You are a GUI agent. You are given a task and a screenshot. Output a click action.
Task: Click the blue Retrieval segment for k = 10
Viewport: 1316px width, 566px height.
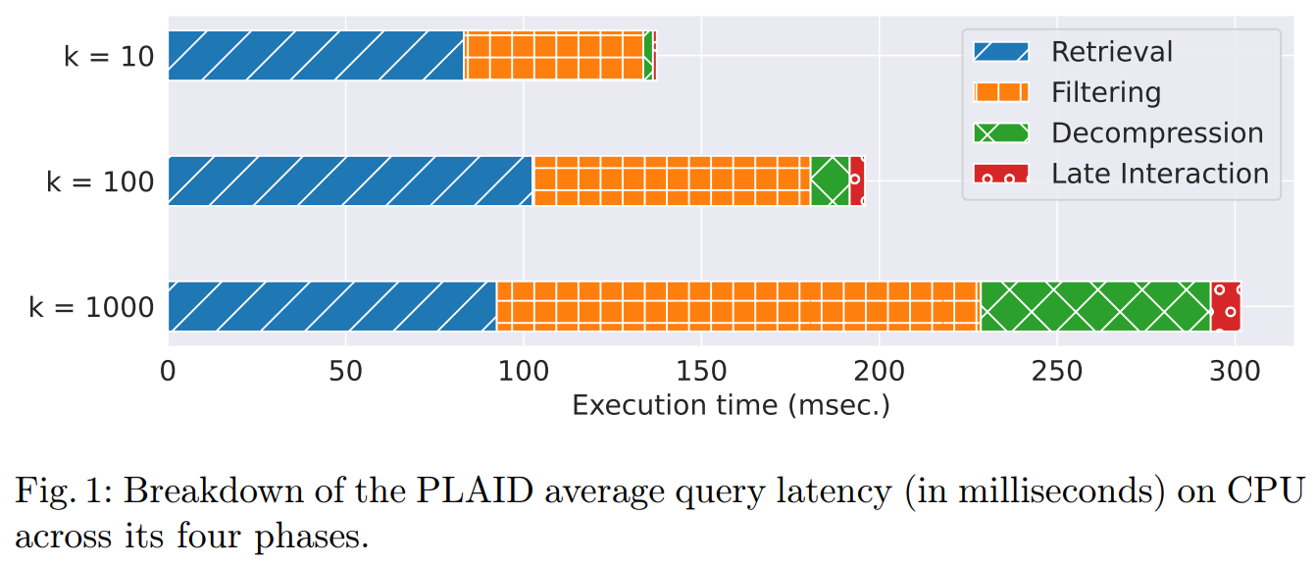pos(316,56)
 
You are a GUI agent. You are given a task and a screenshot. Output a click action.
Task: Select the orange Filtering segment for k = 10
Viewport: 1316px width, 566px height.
pos(554,56)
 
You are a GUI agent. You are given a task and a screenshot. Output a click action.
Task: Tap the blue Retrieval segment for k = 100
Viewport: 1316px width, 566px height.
pos(350,180)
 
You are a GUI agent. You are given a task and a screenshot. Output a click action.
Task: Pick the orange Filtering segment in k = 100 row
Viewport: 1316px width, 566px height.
pos(672,180)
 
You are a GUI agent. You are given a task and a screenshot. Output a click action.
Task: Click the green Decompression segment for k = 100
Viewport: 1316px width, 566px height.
pos(831,180)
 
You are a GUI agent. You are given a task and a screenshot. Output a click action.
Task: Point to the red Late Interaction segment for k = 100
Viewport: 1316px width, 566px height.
pos(857,180)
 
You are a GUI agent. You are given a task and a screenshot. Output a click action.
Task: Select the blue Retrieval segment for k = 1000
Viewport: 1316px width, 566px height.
pos(332,306)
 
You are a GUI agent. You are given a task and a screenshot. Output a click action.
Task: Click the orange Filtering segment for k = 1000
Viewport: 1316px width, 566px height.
pos(738,306)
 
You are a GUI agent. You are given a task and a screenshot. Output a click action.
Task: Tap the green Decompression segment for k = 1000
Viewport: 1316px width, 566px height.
pos(1095,306)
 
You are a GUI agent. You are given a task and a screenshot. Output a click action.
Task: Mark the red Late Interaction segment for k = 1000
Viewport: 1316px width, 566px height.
pos(1226,306)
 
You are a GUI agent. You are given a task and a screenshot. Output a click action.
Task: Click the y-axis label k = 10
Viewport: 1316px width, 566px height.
pos(109,57)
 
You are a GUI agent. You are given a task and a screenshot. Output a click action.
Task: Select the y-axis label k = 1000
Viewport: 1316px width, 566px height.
pos(91,308)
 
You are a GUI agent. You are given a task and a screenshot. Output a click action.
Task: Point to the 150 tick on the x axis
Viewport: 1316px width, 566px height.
pos(701,372)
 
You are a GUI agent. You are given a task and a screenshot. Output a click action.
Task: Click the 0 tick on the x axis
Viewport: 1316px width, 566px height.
pos(169,372)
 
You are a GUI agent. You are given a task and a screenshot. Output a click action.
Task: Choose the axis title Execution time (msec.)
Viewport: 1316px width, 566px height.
pos(731,405)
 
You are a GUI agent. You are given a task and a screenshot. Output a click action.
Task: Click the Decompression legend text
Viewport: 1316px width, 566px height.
pos(1157,133)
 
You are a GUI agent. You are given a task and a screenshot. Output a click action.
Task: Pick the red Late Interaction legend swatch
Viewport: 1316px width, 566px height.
pos(1000,175)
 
